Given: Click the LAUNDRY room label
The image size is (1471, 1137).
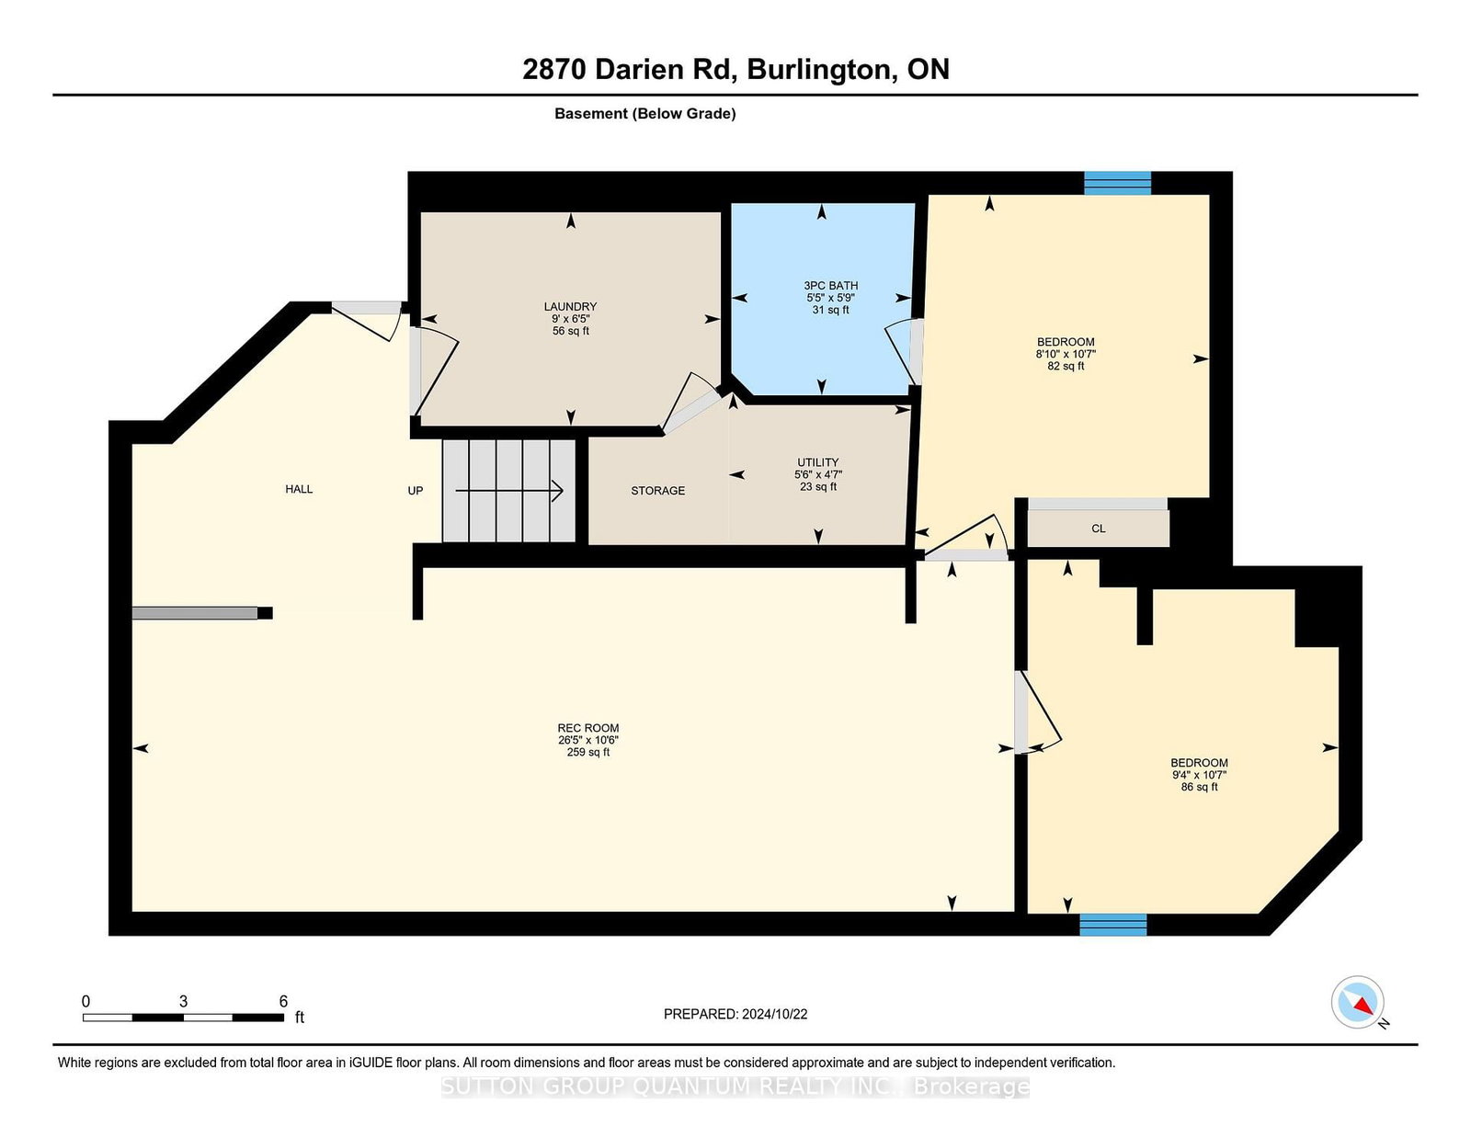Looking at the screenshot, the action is pyautogui.click(x=570, y=307).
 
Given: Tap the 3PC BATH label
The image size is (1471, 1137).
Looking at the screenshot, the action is pyautogui.click(x=830, y=286).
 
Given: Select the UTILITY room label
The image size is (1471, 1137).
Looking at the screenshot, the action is pyautogui.click(x=817, y=462).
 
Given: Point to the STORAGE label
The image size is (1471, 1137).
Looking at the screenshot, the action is pyautogui.click(x=658, y=491).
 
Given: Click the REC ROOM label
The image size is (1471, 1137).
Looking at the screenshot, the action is pyautogui.click(x=588, y=728).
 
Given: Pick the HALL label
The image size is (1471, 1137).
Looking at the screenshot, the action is pyautogui.click(x=299, y=489).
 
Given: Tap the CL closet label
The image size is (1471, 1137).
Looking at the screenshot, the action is pyautogui.click(x=1098, y=529).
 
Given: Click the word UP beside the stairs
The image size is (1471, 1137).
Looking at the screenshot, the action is pyautogui.click(x=415, y=491).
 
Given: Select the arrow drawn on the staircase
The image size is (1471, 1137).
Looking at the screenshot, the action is pyautogui.click(x=509, y=491).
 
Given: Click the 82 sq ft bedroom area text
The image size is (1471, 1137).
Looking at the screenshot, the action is pyautogui.click(x=1066, y=366).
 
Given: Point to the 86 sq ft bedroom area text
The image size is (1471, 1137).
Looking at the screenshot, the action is pyautogui.click(x=1199, y=787).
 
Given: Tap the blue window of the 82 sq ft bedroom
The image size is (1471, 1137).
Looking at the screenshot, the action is pyautogui.click(x=1118, y=183).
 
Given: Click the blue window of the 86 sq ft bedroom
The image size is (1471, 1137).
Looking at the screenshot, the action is pyautogui.click(x=1112, y=925).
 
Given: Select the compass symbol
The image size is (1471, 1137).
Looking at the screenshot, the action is pyautogui.click(x=1357, y=1002).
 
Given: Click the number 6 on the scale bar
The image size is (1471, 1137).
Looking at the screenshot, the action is pyautogui.click(x=283, y=1001).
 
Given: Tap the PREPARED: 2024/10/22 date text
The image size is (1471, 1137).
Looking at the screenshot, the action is pyautogui.click(x=735, y=1014).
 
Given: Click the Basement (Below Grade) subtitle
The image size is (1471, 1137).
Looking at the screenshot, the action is pyautogui.click(x=645, y=114).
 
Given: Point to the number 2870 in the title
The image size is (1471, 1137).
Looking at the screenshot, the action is pyautogui.click(x=553, y=69).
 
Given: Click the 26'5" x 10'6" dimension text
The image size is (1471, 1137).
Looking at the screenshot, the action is pyautogui.click(x=588, y=741).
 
